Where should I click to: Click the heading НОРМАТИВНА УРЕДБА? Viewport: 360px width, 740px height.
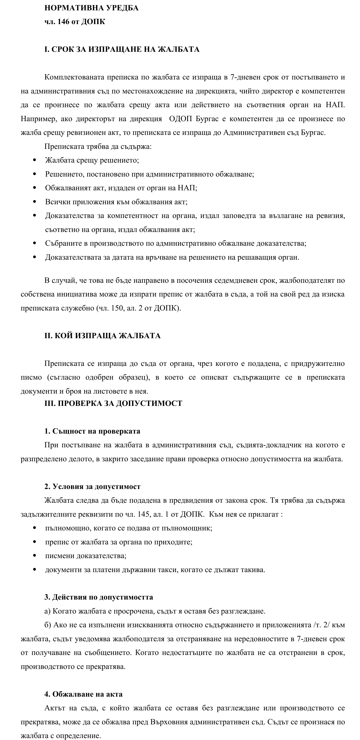click(91, 8)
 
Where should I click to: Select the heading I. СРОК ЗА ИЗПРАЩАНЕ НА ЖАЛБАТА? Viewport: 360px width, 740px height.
click(122, 49)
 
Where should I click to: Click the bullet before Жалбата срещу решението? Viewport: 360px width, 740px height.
click(35, 160)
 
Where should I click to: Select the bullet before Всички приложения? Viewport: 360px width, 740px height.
click(35, 202)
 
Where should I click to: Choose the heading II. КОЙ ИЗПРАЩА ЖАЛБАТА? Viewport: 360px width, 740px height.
click(102, 336)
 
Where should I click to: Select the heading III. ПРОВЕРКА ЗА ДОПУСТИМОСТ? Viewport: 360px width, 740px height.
click(113, 403)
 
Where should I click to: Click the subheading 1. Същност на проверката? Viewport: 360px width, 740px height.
click(92, 431)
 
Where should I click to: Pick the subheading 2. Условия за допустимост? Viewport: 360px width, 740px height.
click(92, 487)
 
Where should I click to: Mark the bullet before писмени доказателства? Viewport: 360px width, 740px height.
click(35, 555)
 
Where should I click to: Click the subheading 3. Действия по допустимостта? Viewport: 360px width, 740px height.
click(98, 597)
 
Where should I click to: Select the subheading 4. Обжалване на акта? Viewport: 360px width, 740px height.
click(83, 694)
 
